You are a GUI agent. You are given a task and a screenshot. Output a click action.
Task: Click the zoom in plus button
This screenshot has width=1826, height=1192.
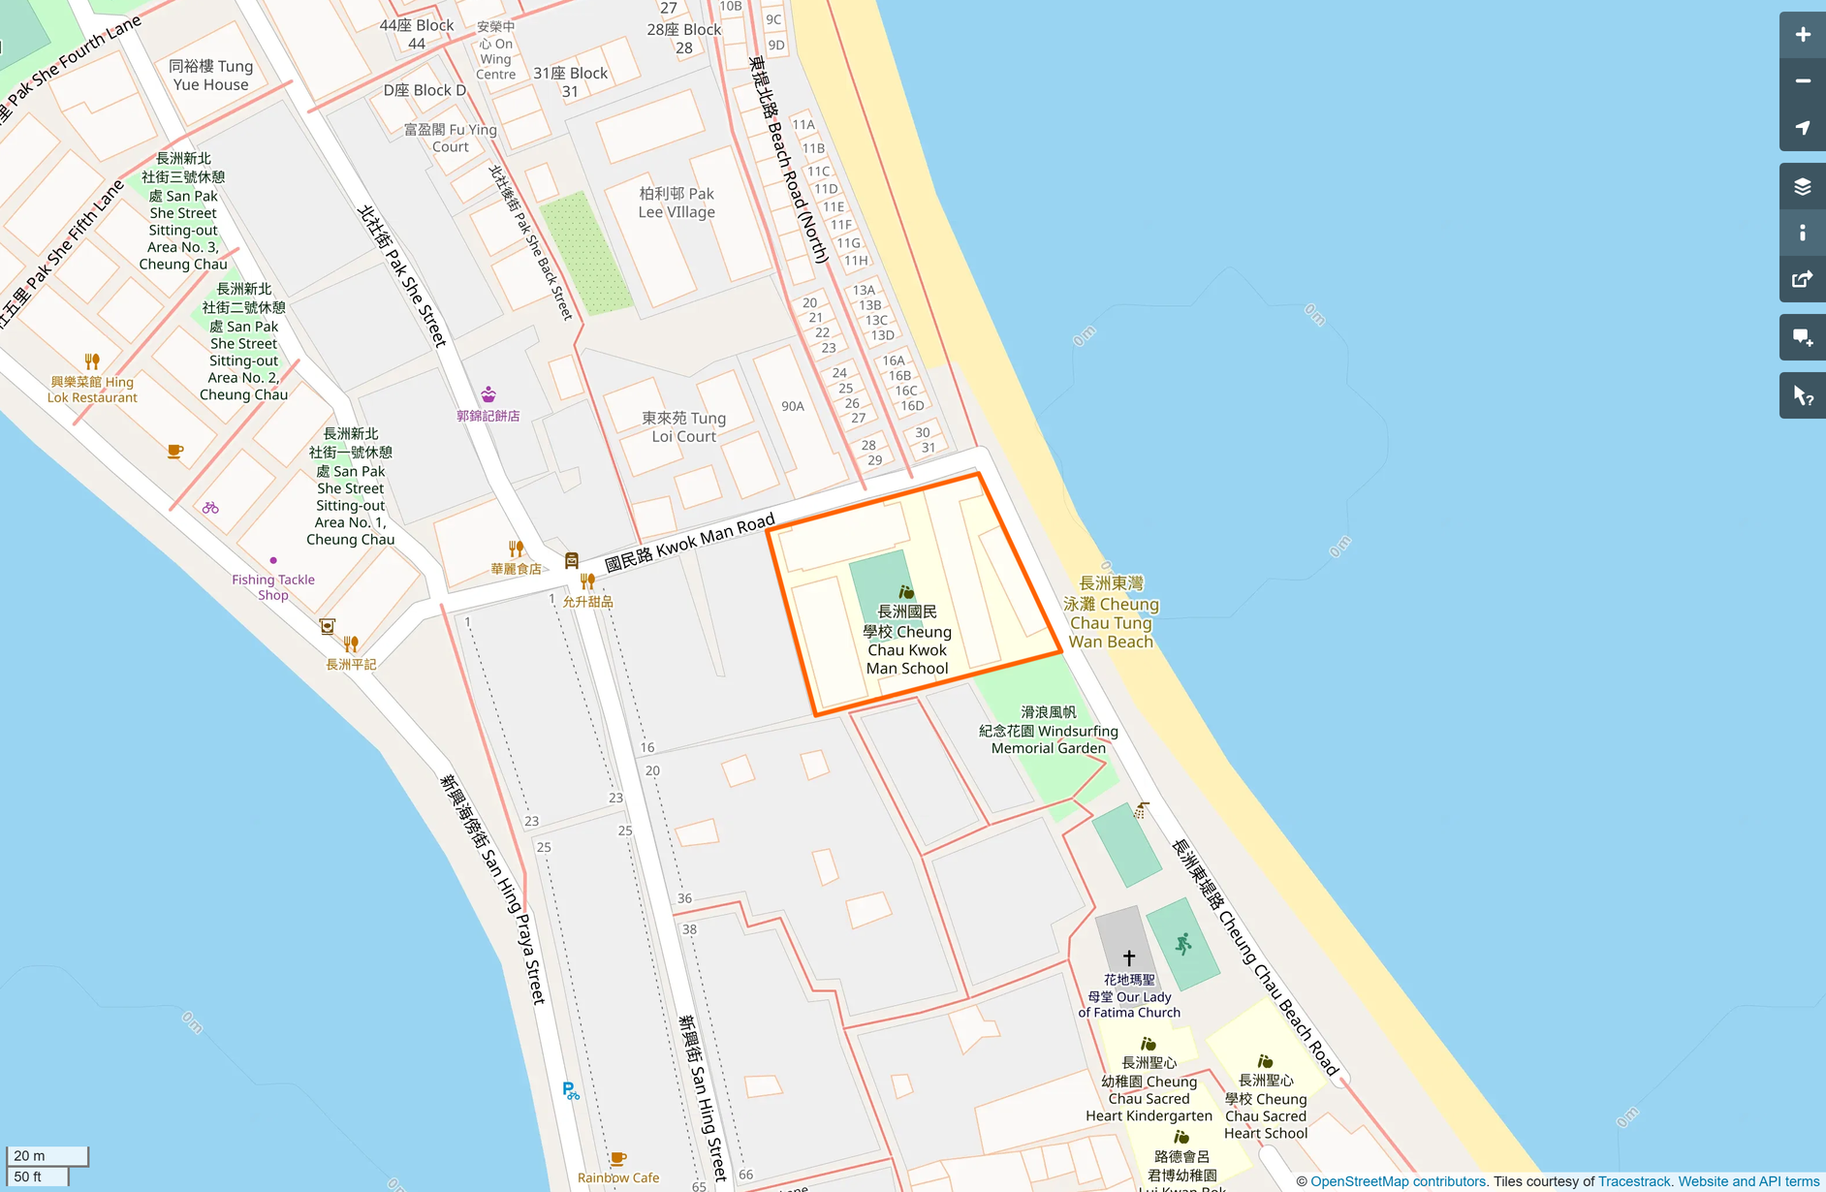click(1802, 35)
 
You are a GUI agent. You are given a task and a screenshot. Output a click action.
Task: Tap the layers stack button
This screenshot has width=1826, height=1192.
click(1802, 186)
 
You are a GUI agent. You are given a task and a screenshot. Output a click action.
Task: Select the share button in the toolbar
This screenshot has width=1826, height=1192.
click(1802, 280)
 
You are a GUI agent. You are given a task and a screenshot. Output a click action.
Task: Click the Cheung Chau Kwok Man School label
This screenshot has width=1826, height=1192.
click(907, 640)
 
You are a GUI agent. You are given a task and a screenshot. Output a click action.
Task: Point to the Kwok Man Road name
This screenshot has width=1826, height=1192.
click(689, 544)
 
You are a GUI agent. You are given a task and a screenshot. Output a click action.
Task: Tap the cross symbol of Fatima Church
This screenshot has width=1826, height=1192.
click(1128, 957)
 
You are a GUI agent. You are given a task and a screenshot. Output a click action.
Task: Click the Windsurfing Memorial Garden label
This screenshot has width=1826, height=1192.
click(1049, 731)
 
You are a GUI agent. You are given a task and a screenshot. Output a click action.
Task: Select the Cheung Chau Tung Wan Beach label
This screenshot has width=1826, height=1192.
click(1111, 612)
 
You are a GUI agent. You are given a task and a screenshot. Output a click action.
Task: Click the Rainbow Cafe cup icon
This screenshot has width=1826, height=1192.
click(618, 1159)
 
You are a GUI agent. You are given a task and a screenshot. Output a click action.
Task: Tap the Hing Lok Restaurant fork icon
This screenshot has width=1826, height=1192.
click(92, 361)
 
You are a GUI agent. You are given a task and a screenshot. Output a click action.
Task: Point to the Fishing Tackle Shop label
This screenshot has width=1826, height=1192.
click(273, 586)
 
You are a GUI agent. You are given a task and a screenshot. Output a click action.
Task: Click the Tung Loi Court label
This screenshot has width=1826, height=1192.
click(683, 427)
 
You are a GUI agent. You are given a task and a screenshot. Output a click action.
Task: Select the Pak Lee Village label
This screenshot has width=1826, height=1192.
click(677, 203)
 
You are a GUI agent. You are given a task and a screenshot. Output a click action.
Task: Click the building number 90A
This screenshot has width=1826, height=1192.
click(793, 406)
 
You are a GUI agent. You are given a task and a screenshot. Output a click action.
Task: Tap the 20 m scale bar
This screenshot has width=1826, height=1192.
click(47, 1156)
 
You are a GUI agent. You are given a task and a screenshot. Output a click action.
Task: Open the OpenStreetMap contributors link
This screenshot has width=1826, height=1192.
click(1398, 1181)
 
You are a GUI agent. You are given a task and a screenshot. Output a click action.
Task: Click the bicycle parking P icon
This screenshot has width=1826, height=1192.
click(571, 1091)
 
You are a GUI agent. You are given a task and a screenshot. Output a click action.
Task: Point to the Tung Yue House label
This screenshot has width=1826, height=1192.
click(210, 76)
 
